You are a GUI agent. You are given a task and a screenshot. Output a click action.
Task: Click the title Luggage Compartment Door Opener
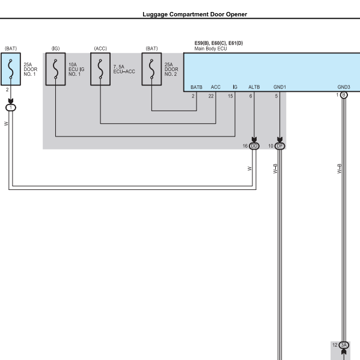195,14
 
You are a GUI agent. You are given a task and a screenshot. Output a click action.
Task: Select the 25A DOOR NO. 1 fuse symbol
11,69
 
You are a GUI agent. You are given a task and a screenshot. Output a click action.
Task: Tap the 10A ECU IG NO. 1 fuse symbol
55,69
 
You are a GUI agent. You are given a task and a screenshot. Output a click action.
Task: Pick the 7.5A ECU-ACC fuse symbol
100,69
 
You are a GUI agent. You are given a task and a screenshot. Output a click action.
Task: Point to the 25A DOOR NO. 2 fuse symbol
151,69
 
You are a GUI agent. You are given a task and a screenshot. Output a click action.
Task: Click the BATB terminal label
197,87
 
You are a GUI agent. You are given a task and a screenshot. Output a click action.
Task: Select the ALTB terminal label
254,87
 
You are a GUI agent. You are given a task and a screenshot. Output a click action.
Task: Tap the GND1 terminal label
279,87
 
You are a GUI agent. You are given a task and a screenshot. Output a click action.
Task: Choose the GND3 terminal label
344,87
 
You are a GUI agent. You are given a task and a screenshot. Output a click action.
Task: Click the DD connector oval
254,146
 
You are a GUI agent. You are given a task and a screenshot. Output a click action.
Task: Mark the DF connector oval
279,146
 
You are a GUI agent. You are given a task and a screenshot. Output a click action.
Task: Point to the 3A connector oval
344,345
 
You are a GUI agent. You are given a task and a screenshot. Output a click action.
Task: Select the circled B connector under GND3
344,95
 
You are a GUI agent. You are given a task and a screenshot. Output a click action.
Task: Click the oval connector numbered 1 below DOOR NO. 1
11,108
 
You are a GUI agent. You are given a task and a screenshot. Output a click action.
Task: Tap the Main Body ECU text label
210,49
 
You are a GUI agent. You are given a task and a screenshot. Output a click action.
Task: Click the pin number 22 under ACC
211,96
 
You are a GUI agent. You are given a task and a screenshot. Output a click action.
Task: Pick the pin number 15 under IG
230,96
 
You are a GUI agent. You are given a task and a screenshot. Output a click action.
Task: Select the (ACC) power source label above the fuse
100,49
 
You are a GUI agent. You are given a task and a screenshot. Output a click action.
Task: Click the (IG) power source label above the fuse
55,49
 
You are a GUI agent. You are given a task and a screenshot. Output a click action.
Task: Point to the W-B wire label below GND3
340,169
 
